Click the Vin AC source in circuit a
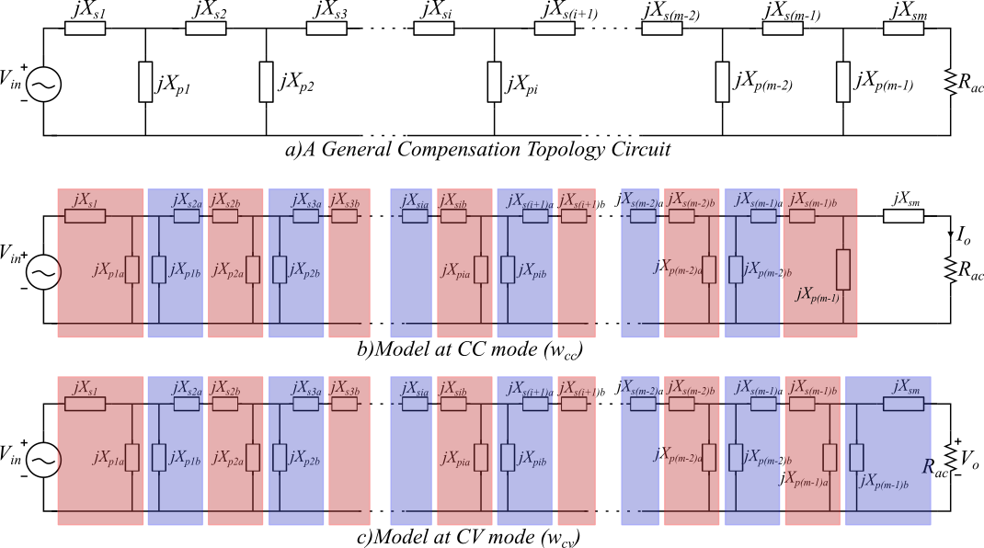pos(42,84)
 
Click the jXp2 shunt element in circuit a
pos(266,82)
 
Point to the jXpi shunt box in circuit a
pos(495,82)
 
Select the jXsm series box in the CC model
pos(903,217)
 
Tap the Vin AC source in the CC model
pos(42,271)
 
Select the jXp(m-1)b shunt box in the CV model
pos(857,457)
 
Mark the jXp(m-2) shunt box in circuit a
pos(722,82)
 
